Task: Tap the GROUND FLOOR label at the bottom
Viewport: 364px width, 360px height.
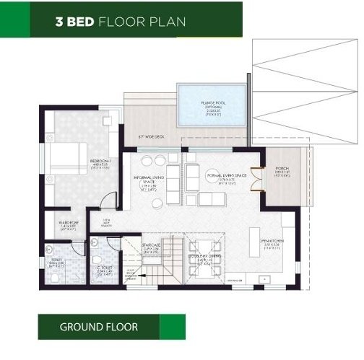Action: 99,327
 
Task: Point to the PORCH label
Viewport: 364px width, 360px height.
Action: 282,171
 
